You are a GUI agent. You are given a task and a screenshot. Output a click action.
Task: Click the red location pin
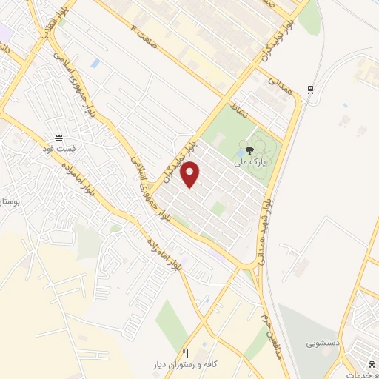[x=191, y=174]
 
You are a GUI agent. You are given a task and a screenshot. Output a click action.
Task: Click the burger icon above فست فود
[x=58, y=138]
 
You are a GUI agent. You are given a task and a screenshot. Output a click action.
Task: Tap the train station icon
[x=310, y=91]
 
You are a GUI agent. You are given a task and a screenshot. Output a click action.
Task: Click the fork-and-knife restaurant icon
[x=185, y=353]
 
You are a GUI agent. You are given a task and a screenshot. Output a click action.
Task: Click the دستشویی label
[x=323, y=344]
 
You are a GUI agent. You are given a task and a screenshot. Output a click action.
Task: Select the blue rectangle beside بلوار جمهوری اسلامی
[x=95, y=63]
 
